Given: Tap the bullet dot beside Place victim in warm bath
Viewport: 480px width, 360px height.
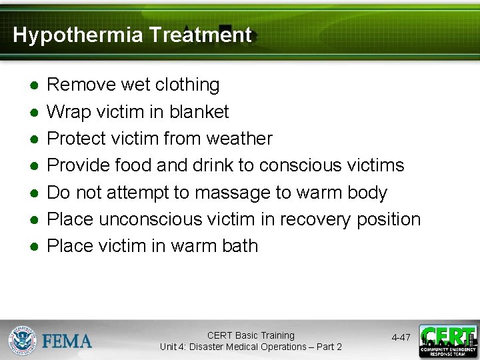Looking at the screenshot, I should click(x=33, y=247).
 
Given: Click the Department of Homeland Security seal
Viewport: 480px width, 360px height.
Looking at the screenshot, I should click(x=23, y=340).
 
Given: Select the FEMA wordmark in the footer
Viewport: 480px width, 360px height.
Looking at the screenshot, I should click(x=67, y=341).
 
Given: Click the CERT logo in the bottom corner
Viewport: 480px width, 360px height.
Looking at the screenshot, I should click(x=448, y=341).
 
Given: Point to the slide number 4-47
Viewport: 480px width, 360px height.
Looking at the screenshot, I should click(x=401, y=338).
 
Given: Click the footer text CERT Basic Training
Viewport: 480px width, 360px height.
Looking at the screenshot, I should click(x=251, y=335).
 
